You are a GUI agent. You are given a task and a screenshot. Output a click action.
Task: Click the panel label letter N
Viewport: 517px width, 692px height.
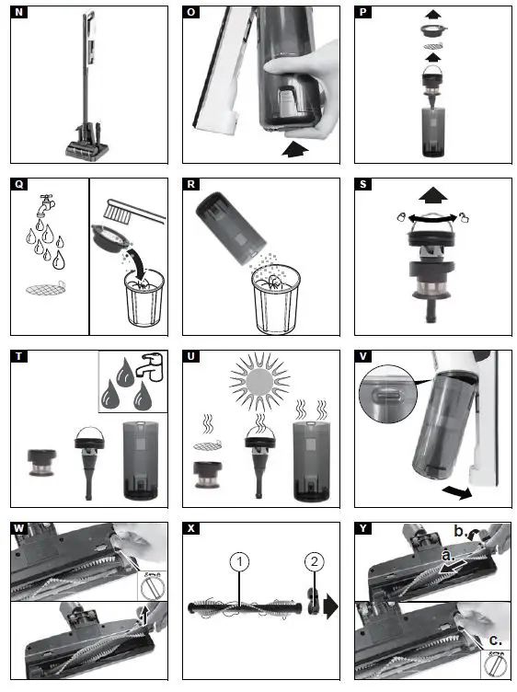click(x=19, y=12)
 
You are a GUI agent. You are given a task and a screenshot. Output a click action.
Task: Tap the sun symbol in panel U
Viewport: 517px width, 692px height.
click(x=259, y=381)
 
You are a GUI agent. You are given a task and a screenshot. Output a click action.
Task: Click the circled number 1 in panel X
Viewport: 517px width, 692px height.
click(x=239, y=562)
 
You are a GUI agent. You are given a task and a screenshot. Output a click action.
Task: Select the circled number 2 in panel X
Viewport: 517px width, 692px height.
click(x=314, y=561)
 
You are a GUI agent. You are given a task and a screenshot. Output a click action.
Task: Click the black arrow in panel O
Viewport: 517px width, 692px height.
click(x=295, y=149)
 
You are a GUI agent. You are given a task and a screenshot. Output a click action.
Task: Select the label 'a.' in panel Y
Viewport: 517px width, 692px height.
click(x=448, y=555)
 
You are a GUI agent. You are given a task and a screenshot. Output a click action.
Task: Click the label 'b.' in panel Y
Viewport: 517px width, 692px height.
click(x=461, y=531)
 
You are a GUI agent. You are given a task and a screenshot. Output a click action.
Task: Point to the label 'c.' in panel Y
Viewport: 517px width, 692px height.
click(x=495, y=640)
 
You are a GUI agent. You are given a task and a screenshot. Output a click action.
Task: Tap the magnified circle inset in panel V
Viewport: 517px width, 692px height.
click(x=388, y=394)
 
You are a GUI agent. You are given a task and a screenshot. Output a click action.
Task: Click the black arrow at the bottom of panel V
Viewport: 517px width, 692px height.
click(x=457, y=491)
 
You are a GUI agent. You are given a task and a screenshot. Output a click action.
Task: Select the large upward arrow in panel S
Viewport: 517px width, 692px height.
click(x=433, y=195)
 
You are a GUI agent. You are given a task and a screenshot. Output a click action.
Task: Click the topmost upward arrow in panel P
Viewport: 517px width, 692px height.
click(x=433, y=14)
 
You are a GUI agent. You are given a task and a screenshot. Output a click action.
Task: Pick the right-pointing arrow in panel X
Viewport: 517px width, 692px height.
click(x=330, y=606)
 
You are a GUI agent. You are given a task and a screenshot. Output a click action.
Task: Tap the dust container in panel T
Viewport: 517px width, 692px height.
click(x=140, y=460)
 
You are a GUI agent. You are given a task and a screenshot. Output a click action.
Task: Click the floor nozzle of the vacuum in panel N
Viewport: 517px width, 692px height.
click(x=87, y=148)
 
